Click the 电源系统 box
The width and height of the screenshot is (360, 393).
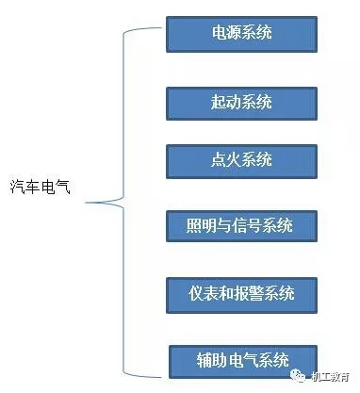click(241, 34)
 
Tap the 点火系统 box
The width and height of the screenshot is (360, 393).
click(241, 159)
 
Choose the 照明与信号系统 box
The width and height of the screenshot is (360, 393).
click(241, 226)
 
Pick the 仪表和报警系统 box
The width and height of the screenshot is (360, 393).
click(241, 293)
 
